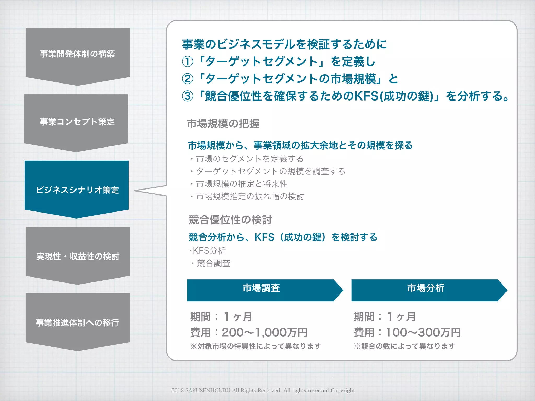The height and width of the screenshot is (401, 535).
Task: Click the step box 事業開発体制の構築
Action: tap(77, 54)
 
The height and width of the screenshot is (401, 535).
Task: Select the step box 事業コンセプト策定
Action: tap(76, 122)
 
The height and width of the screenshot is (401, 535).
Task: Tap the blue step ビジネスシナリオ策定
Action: tap(77, 190)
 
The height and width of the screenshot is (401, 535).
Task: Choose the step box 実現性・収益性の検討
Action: tap(77, 256)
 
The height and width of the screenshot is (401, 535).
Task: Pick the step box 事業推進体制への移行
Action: tap(77, 323)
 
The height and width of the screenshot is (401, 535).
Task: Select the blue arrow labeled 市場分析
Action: tap(426, 290)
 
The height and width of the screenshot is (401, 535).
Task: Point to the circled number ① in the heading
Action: tap(187, 62)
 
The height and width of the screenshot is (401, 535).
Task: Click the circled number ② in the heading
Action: tap(187, 79)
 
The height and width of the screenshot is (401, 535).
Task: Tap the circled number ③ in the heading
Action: tap(187, 96)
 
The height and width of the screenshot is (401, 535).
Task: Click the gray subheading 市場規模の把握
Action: tap(223, 124)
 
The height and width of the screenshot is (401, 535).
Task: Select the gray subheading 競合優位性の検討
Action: tap(230, 220)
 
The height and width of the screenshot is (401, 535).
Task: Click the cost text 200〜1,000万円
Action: tap(264, 333)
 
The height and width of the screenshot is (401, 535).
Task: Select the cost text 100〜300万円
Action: tap(423, 333)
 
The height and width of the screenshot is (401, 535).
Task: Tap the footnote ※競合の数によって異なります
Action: tap(405, 346)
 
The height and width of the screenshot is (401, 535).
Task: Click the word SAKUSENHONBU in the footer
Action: tap(208, 391)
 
